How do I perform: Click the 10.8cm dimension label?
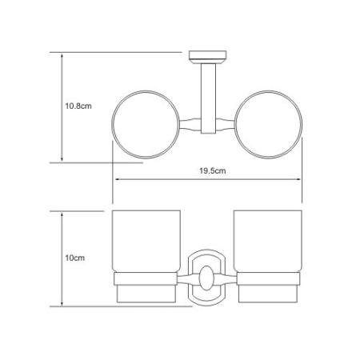click(78, 106)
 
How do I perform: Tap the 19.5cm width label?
click(213, 170)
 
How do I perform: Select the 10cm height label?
click(75, 258)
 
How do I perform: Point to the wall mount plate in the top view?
click(208, 55)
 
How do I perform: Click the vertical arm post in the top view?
click(208, 98)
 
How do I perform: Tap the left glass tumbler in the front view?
click(146, 242)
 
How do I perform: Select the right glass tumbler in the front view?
click(268, 242)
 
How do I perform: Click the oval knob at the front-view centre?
click(206, 278)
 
